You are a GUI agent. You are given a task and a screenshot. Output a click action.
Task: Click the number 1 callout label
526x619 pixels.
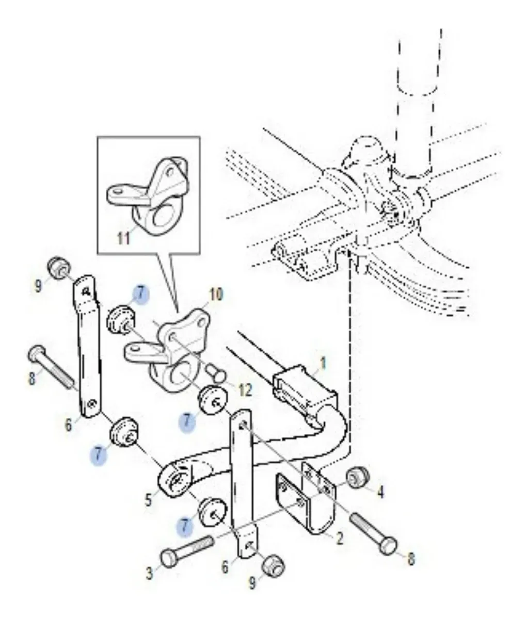pyautogui.click(x=323, y=364)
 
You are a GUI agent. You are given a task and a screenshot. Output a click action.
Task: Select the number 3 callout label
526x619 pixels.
pyautogui.click(x=149, y=574)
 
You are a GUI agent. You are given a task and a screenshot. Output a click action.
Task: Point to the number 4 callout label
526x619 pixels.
pyautogui.click(x=380, y=492)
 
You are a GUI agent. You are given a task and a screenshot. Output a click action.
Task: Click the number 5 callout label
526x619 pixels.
pyautogui.click(x=148, y=499)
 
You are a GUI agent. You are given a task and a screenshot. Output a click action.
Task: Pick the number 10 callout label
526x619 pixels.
pyautogui.click(x=216, y=295)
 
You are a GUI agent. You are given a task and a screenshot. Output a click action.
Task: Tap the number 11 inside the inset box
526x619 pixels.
pyautogui.click(x=123, y=238)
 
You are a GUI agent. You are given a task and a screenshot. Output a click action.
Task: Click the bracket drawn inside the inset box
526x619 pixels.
pyautogui.click(x=148, y=197)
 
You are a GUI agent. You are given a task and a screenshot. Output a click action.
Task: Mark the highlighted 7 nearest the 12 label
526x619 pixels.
pyautogui.click(x=187, y=422)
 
